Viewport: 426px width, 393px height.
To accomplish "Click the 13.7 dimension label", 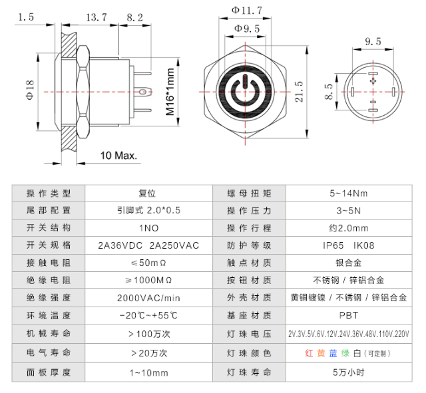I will pos(97,17).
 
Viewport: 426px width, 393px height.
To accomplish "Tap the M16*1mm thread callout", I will pos(170,92).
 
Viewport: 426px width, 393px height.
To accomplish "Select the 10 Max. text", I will pos(118,156).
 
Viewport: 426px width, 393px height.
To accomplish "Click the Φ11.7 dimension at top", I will pos(247,10).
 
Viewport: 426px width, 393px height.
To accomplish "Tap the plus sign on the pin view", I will pos(373,80).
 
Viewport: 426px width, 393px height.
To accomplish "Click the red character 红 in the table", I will pos(309,353).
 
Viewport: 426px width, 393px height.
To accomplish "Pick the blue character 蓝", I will pos(333,353).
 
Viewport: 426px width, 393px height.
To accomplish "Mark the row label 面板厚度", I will pos(48,372).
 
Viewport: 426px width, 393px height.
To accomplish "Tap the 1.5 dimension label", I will pos(27,17).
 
